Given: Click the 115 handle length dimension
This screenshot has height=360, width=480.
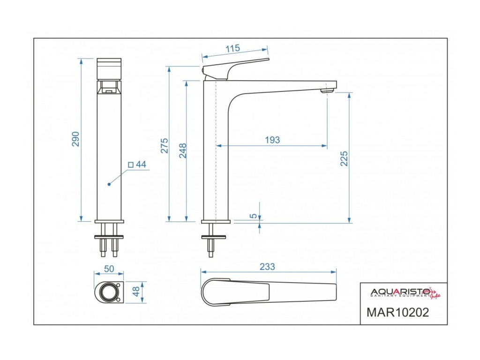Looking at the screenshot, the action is coord(232,48).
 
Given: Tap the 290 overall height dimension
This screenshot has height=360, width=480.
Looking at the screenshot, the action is coord(75,139).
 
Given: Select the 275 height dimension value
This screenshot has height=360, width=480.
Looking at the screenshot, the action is coord(165,146).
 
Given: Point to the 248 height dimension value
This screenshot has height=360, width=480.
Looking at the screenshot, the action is coord(183,150).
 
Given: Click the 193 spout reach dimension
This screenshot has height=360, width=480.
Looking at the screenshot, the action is coord(272,140).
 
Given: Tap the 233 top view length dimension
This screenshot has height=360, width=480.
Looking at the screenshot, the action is coord(267,266).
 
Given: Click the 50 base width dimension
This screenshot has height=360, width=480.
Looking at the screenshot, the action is coord(109,269).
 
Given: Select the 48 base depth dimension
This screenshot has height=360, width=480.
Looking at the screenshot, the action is coord(136,292).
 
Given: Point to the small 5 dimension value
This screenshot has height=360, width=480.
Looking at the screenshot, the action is coord(254,216).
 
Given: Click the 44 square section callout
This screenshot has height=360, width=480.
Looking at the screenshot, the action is coord(138,165).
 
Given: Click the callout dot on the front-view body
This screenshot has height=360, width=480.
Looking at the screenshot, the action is coord(109,184).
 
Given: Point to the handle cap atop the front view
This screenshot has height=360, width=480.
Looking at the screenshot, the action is coord(109,69).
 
